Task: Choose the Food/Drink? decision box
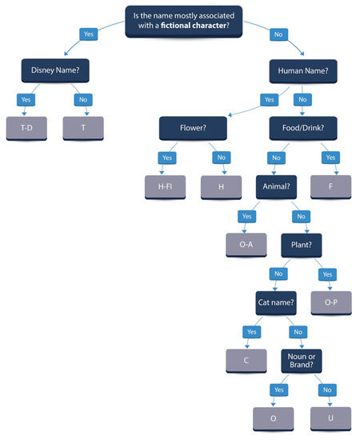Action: point(297,126)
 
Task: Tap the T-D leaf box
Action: point(26,127)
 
